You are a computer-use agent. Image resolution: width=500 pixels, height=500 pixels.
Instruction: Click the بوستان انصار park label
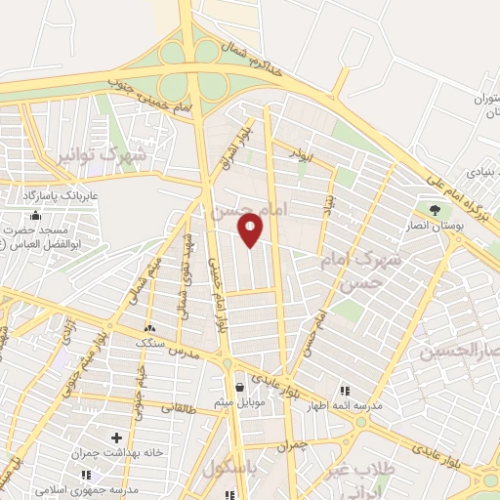point(436,226)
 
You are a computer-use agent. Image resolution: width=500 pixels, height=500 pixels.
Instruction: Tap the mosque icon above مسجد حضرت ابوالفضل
point(36,215)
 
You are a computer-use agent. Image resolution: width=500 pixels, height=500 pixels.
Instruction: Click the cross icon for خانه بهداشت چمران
point(117,437)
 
